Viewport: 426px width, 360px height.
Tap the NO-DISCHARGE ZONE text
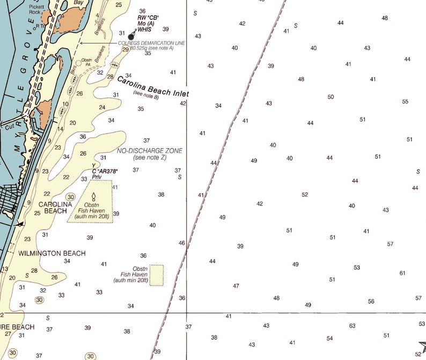150,151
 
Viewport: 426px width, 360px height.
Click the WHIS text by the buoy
145,31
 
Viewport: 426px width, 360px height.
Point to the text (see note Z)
150,157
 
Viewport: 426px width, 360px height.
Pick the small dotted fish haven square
157,275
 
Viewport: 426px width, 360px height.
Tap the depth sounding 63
352,326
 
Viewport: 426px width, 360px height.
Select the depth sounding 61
402,273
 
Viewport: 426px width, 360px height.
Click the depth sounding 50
330,97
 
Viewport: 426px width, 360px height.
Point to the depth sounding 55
405,101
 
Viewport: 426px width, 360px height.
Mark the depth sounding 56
371,302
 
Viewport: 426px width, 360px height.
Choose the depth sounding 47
236,286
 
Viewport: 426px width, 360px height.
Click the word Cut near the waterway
9,127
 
